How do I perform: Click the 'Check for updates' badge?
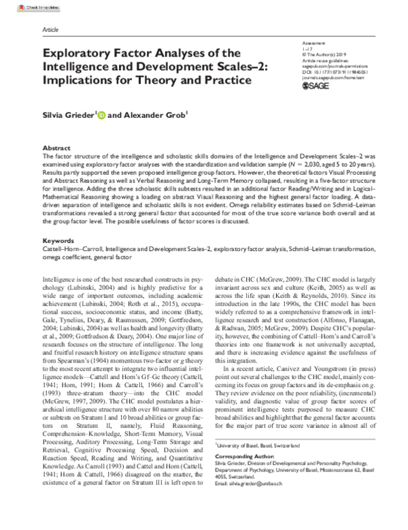[24, 6]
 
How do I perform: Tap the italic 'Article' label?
[51, 31]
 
